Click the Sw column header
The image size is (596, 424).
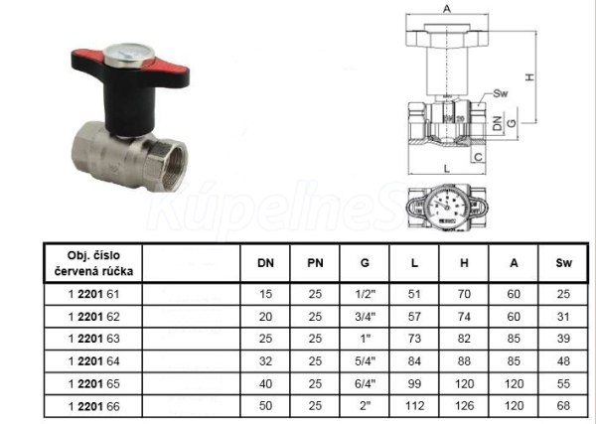[x=563, y=263]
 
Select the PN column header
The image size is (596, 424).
[x=315, y=263]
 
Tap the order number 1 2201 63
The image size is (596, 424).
[x=94, y=339]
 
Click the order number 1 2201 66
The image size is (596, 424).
[x=94, y=406]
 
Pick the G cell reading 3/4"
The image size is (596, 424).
[x=365, y=317]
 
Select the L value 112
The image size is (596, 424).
[x=414, y=406]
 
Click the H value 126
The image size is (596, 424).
[x=464, y=406]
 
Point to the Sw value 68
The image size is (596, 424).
[x=563, y=406]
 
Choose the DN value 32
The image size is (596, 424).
[x=265, y=360]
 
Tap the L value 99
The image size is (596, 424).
[x=414, y=383]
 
